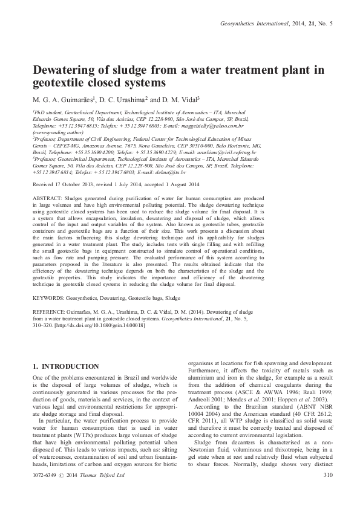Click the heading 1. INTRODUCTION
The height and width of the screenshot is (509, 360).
point(65,366)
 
